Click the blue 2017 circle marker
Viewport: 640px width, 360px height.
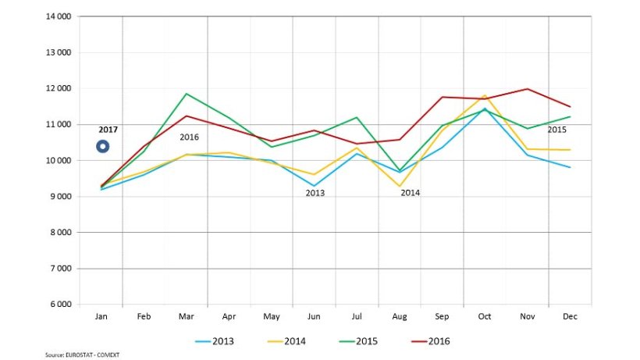102,146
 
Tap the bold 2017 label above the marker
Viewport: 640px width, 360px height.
108,130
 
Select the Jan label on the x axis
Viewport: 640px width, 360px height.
101,317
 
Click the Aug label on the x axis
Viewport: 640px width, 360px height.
399,317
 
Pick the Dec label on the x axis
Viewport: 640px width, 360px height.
570,317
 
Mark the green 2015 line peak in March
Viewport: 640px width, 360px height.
187,94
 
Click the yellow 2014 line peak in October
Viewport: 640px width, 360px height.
485,95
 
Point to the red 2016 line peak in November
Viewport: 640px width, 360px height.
528,89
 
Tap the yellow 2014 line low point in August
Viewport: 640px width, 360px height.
400,187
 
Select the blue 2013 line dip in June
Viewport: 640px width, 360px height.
314,186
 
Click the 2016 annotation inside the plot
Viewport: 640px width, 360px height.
190,137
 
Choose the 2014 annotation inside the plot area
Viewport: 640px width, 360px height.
411,192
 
